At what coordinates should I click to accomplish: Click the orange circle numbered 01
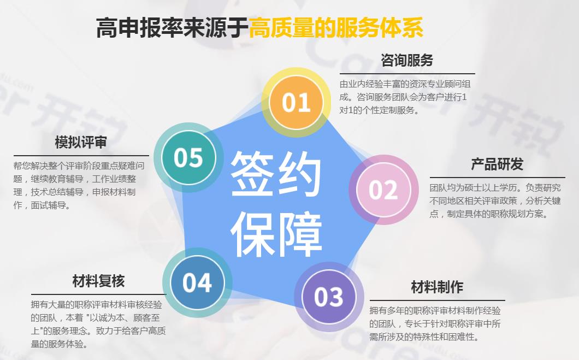(296, 102)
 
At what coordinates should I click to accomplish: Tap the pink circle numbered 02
(383, 190)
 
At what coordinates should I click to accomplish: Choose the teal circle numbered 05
(188, 157)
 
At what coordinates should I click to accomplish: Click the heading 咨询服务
(407, 60)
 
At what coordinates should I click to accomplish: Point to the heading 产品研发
(497, 164)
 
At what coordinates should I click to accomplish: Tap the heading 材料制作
(437, 287)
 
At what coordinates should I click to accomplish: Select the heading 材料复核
(98, 281)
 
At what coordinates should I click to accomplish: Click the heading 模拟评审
(81, 142)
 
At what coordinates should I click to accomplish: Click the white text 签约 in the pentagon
(275, 174)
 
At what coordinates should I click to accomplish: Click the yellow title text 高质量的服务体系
(336, 28)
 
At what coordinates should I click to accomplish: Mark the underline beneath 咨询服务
(407, 74)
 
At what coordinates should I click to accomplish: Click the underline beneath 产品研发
(498, 178)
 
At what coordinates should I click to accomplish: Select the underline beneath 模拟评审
(81, 156)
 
